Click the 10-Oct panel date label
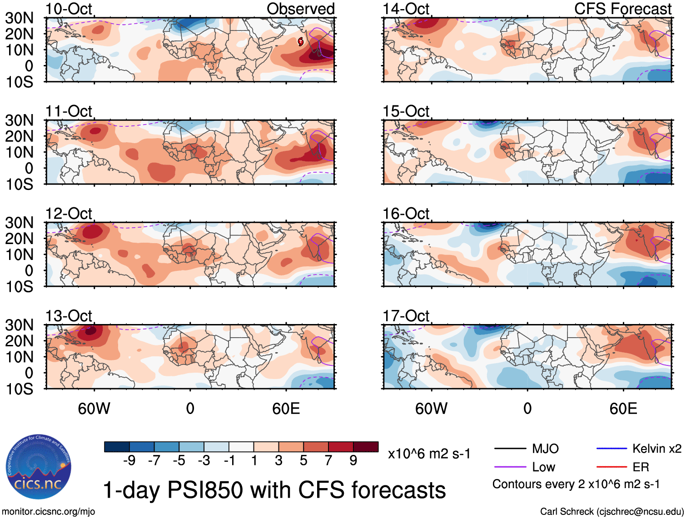pos(69,9)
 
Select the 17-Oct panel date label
pos(406,315)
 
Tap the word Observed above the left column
pos(300,9)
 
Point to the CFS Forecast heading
pos(622,9)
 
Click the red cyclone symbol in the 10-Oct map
pos(301,42)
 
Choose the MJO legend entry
pos(545,449)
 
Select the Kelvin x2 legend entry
pos(656,449)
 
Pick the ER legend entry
pos(641,467)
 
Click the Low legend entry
pos(543,467)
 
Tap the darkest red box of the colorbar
pos(366,447)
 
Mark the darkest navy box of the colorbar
pos(117,447)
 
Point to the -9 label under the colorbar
pos(129,460)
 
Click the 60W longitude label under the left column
pos(94,409)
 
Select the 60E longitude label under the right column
pos(623,409)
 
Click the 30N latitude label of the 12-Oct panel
pos(19,223)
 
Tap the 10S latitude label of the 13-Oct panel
pos(19,389)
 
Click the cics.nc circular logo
pos(38,467)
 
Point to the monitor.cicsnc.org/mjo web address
pos(49,511)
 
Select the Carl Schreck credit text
pos(611,511)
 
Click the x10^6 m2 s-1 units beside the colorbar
pos(429,454)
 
